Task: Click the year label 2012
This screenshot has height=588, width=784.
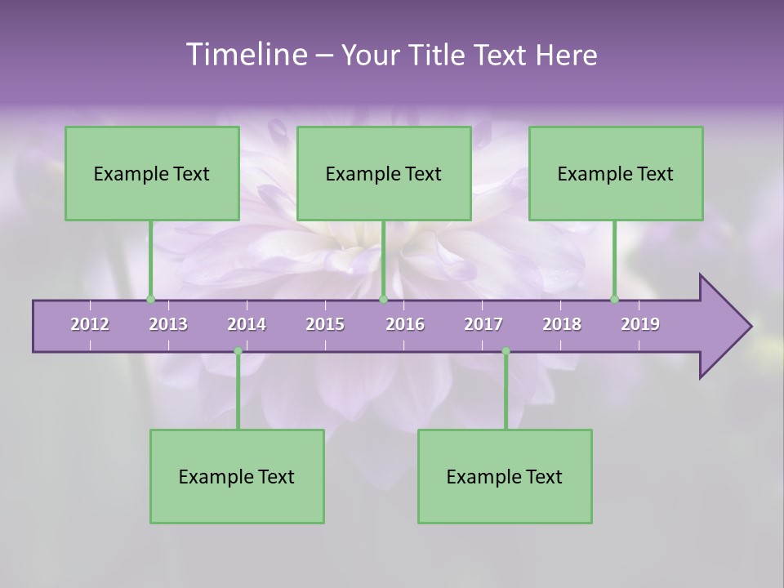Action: tap(90, 324)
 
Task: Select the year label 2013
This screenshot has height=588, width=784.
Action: tap(168, 324)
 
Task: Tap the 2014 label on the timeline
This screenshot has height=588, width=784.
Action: tap(247, 324)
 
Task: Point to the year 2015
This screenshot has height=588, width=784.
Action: tap(325, 324)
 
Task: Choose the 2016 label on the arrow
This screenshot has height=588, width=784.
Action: tap(405, 324)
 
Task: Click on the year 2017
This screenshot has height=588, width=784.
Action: tap(483, 324)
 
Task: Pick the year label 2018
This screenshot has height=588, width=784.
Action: tap(562, 324)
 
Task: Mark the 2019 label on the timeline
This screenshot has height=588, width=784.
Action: tap(640, 324)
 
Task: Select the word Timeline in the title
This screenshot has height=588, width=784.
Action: tap(245, 55)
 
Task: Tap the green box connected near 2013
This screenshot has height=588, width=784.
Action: tap(152, 173)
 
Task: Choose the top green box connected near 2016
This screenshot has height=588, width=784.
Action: tap(384, 173)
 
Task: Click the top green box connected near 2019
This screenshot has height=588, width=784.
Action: tap(616, 173)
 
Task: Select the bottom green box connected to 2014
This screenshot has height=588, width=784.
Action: tap(237, 476)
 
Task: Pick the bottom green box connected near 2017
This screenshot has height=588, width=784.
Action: tap(505, 476)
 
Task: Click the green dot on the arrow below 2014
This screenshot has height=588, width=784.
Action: tap(238, 351)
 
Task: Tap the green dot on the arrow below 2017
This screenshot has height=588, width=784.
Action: tap(506, 351)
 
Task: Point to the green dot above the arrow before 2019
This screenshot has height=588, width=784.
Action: tap(615, 299)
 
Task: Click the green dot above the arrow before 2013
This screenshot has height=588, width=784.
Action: tap(150, 299)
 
